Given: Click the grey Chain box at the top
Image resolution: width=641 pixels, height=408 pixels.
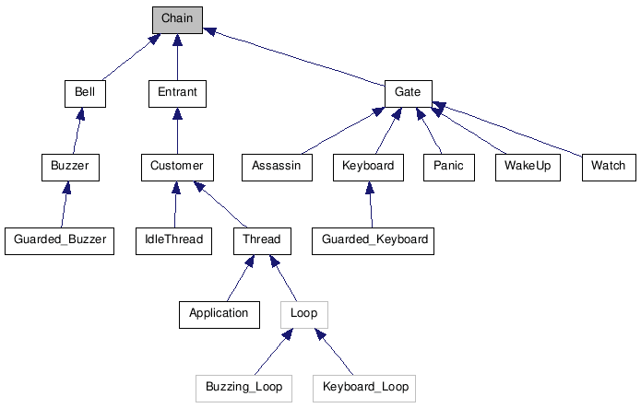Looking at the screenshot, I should pos(177,19).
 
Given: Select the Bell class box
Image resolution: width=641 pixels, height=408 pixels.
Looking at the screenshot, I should pos(85,93).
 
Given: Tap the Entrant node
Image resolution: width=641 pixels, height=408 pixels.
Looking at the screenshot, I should pos(177,93).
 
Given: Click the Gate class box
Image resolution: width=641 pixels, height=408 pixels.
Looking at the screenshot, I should pos(408,93).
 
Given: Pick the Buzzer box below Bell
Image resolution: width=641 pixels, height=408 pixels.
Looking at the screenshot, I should pos(70,167).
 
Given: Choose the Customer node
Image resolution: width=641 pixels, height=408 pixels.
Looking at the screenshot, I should pos(177,167).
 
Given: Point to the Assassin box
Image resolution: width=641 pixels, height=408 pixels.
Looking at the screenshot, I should pos(276,167).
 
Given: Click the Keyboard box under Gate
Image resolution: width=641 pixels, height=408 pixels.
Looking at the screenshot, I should pos(368,167).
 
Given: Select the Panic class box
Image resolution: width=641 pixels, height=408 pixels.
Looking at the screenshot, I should pos(448,167).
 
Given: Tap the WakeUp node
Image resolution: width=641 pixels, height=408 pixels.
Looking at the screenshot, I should pos(528,167).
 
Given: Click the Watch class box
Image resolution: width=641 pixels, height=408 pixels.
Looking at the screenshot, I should pos(608,167).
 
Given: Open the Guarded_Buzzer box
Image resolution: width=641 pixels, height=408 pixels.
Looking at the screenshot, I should pos(59,240).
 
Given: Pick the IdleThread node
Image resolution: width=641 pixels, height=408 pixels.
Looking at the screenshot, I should pos(172,240).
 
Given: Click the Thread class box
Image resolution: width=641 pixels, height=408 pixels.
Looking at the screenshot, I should pos(261,240).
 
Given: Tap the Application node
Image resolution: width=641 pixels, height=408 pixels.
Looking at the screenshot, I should pos(219,313).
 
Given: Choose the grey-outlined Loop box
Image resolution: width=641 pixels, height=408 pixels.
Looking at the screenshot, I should pos(303,313).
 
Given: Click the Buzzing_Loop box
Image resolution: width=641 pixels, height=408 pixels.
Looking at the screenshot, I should pos(243,387).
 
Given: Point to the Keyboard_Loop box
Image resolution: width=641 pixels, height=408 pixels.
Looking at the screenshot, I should pos(364,387).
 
